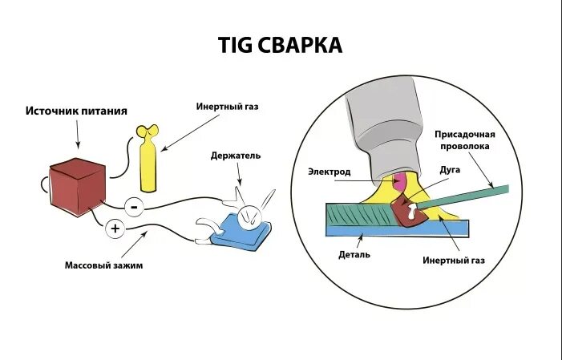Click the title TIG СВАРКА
[x=281, y=45]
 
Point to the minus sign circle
[x=134, y=207]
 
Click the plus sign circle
[x=115, y=229]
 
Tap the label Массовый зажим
[x=103, y=265]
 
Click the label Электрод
[x=329, y=171]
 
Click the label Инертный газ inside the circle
[x=454, y=261]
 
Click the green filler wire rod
[x=473, y=196]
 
